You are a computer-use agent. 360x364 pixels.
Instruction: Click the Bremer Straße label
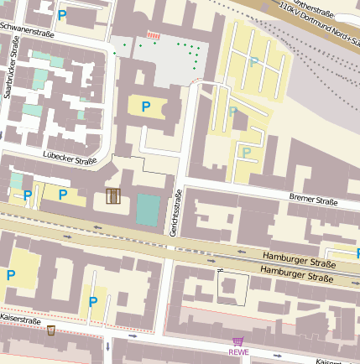[x=313, y=200]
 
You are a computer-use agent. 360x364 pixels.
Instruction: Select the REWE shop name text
[x=238, y=352]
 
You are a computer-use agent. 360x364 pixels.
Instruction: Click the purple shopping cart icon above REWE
[x=238, y=341]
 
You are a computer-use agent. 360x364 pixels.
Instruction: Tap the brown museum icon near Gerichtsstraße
[x=113, y=196]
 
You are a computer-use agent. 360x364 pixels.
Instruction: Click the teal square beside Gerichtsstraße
[x=147, y=209]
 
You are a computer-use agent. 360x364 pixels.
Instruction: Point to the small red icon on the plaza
[x=153, y=34]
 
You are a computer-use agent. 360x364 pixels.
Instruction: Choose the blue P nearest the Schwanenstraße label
[x=62, y=14]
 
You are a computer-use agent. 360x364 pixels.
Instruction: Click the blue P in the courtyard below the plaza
[x=145, y=107]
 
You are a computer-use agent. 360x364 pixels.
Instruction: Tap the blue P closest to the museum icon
[x=62, y=195]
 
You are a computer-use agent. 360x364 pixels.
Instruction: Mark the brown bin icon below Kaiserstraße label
[x=51, y=330]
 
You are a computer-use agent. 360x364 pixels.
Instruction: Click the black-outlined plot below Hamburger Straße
[x=233, y=289]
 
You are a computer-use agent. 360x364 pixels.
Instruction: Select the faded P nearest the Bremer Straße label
[x=247, y=152]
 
